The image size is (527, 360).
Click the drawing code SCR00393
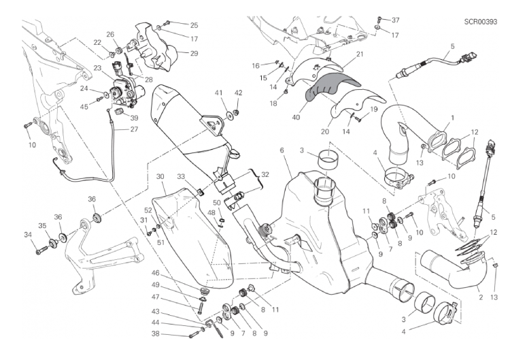pyautogui.click(x=481, y=22)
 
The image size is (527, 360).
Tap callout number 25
pyautogui.click(x=194, y=25)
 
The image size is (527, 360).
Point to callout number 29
pyautogui.click(x=194, y=54)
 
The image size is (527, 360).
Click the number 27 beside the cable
pyautogui.click(x=134, y=129)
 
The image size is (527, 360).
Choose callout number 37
pyautogui.click(x=396, y=20)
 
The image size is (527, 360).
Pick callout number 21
pyautogui.click(x=360, y=54)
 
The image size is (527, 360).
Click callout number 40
pyautogui.click(x=296, y=118)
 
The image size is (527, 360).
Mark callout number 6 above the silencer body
pyautogui.click(x=282, y=150)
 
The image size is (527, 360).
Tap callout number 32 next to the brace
pyautogui.click(x=265, y=175)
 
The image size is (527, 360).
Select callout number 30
pyautogui.click(x=160, y=177)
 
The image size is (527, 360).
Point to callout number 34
pyautogui.click(x=28, y=235)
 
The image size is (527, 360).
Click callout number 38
pyautogui.click(x=155, y=334)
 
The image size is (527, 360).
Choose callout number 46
pyautogui.click(x=155, y=273)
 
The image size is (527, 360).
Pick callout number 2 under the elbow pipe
pyautogui.click(x=481, y=297)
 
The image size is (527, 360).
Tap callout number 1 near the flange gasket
pyautogui.click(x=453, y=118)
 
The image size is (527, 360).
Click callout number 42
pyautogui.click(x=238, y=93)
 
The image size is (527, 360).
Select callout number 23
pyautogui.click(x=97, y=68)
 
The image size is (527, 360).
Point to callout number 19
pyautogui.click(x=374, y=110)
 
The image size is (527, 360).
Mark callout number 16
pyautogui.click(x=256, y=65)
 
